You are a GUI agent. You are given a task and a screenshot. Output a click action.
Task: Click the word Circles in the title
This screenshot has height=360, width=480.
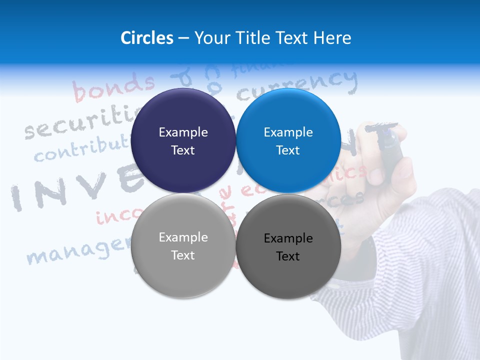tap(147, 38)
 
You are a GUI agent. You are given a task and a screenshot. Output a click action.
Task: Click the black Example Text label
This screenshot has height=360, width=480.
tap(288, 247)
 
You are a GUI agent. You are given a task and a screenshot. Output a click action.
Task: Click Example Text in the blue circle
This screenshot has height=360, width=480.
tap(288, 141)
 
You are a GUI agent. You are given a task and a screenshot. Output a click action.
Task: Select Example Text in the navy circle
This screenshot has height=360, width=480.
tap(183, 141)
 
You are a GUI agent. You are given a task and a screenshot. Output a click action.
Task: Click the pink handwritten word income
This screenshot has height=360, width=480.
tap(112, 216)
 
